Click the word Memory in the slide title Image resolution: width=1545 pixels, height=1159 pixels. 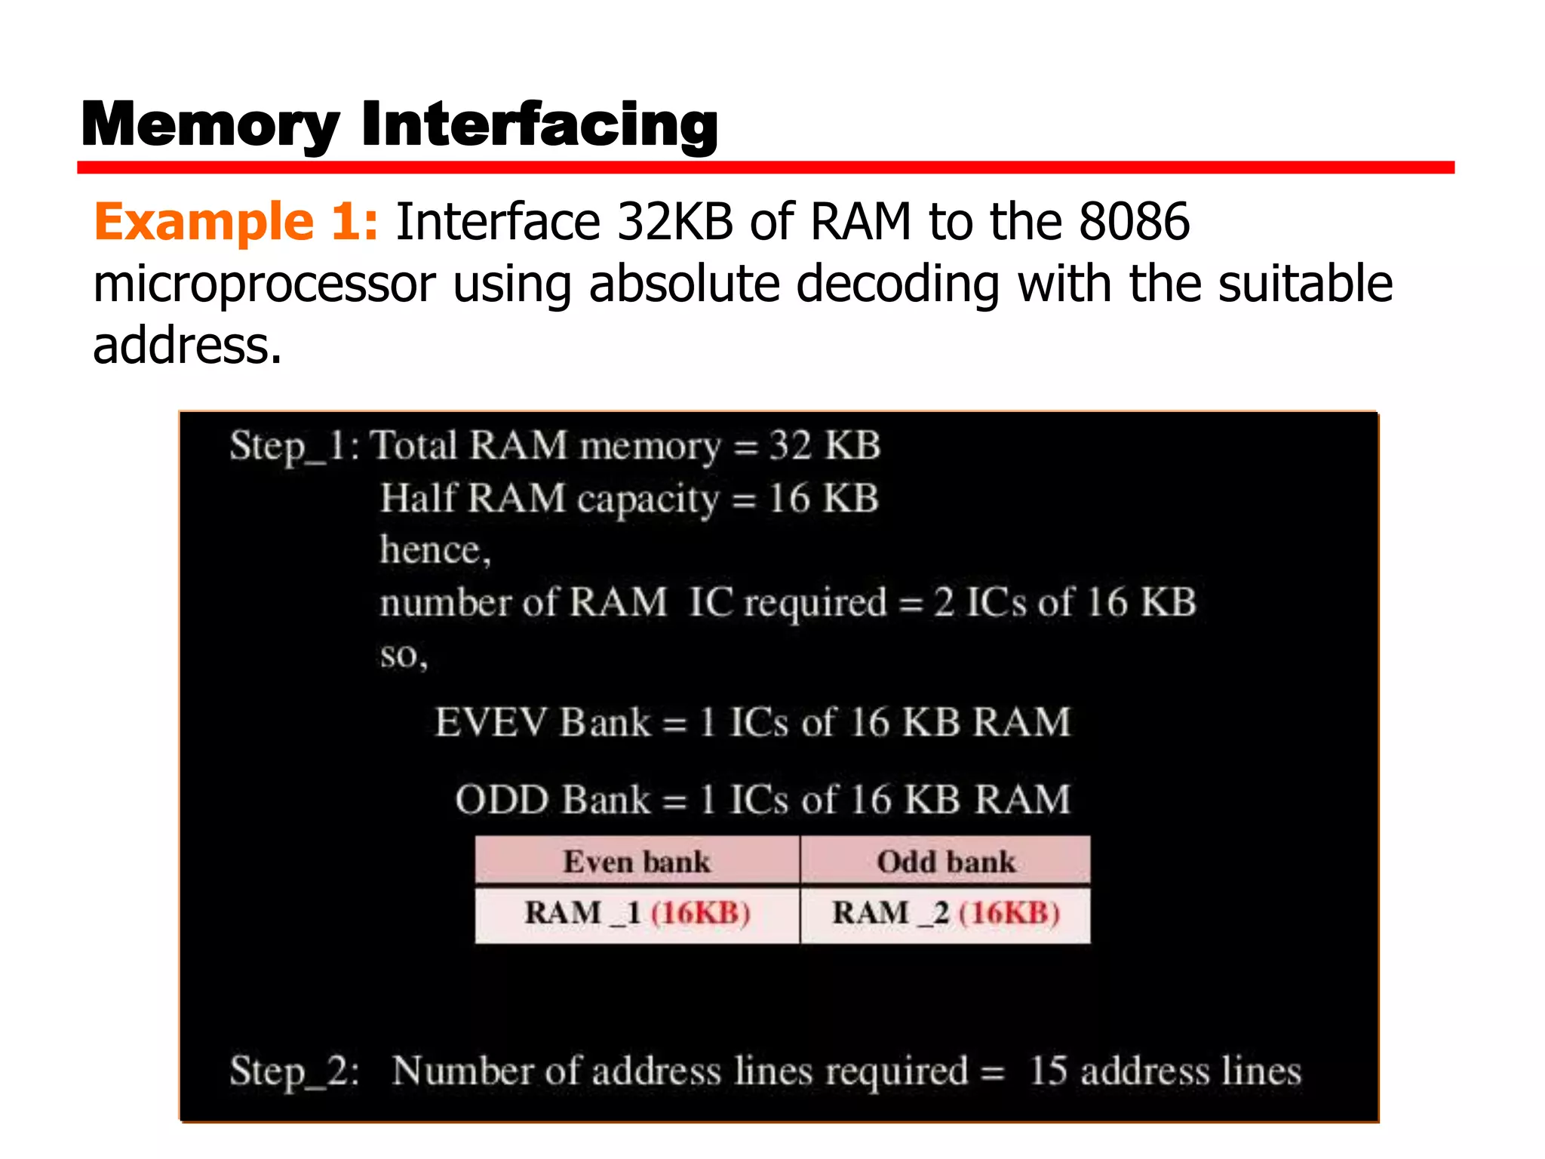210,125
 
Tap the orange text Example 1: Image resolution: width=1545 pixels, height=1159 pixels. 235,222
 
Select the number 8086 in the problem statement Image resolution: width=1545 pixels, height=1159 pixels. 1134,222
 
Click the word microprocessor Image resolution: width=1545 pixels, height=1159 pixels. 264,284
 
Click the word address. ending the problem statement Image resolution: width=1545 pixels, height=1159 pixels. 187,346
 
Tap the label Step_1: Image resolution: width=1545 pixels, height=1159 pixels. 294,446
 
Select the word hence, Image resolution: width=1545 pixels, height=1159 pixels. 435,549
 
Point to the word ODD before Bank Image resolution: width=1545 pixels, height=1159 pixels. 502,799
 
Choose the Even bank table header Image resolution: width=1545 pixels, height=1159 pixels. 637,861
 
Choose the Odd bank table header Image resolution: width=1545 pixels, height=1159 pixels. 946,861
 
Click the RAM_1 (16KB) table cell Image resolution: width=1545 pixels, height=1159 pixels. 637,913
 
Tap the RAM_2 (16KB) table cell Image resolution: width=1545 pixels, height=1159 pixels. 946,913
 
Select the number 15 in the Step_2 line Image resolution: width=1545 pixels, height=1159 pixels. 1049,1071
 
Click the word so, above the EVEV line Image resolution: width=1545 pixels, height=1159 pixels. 404,655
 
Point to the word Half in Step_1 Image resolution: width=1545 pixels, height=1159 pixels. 418,499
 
